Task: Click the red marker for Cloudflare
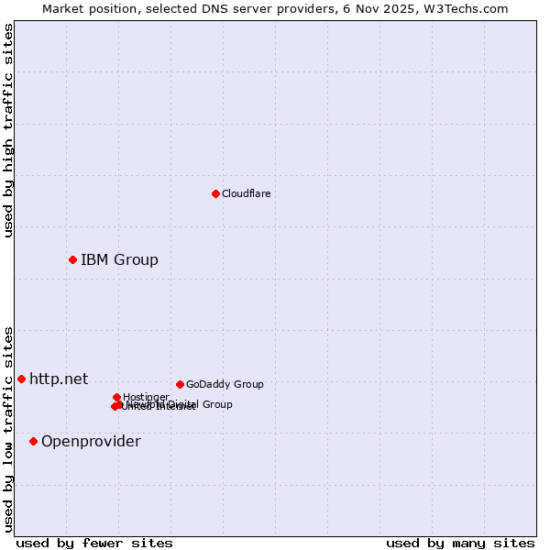point(215,193)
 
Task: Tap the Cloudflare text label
point(246,194)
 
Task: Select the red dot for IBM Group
point(72,259)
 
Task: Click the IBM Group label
point(119,260)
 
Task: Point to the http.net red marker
point(21,379)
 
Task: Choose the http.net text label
point(59,379)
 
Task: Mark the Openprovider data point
point(33,441)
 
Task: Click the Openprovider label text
point(91,442)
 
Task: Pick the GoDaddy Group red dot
point(180,384)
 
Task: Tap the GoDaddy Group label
point(225,385)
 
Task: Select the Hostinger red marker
point(116,397)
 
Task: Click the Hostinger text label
point(146,397)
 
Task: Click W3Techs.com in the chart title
point(463,8)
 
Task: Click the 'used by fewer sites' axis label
point(94,544)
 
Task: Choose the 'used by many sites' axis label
point(460,544)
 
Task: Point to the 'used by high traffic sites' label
point(8,130)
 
